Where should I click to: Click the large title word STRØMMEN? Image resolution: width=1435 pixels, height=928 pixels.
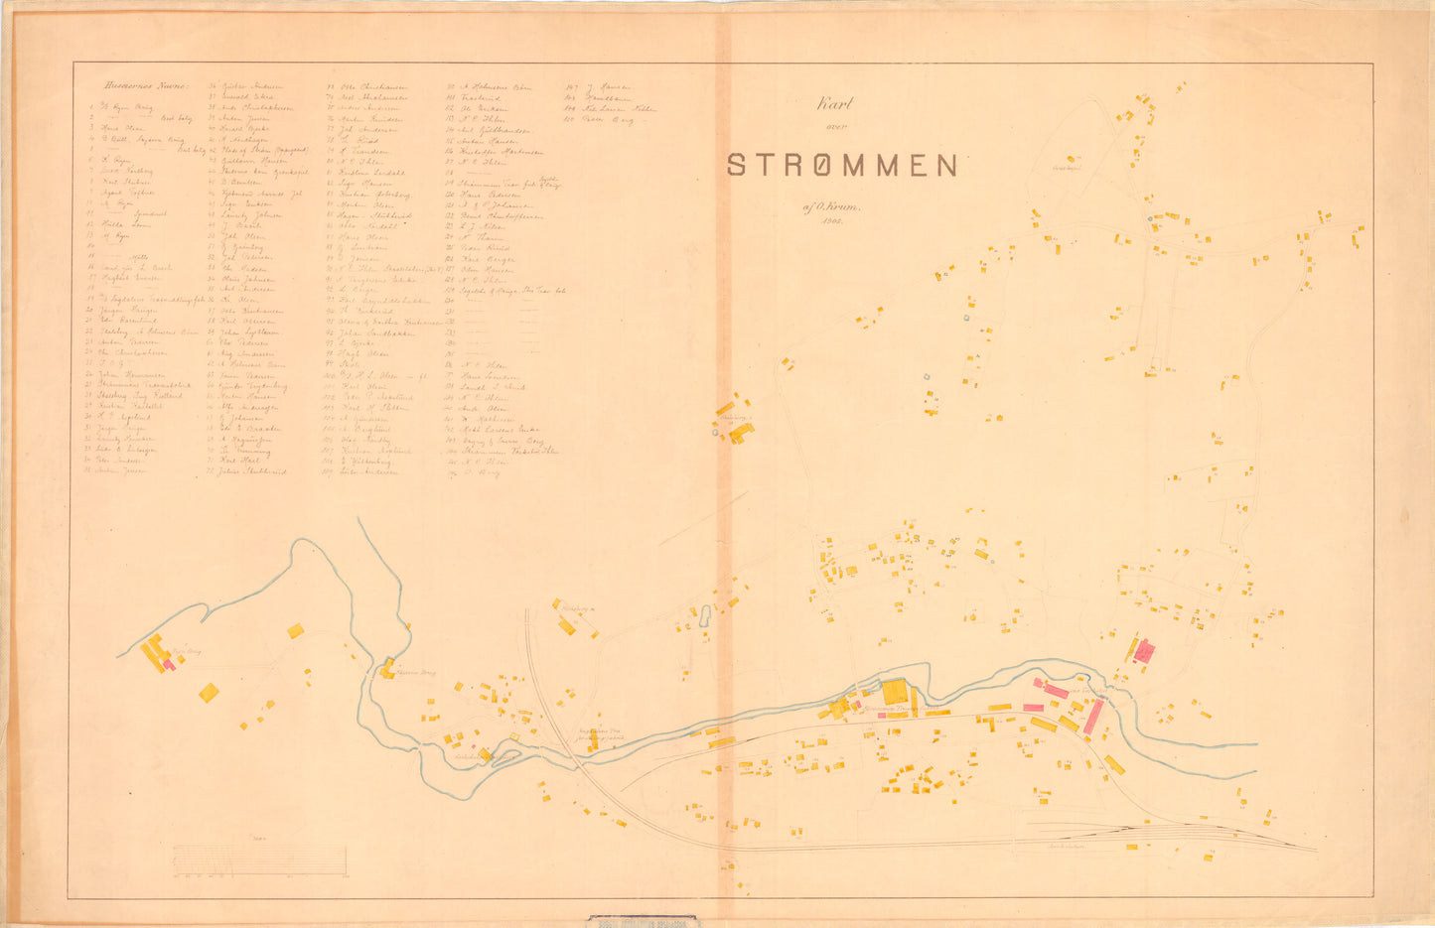842,165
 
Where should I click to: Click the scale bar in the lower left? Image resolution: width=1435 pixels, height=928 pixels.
259,860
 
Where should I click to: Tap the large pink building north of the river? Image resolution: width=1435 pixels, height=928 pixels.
1145,651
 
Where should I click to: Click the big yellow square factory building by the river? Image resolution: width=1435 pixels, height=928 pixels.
895,692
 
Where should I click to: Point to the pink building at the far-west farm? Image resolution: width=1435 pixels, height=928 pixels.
170,664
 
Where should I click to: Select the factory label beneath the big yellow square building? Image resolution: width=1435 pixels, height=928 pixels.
889,711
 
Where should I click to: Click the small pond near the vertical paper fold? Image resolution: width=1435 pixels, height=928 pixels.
705,616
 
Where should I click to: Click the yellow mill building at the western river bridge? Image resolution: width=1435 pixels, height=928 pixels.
387,668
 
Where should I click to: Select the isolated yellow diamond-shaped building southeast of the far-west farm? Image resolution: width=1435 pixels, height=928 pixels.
209,692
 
